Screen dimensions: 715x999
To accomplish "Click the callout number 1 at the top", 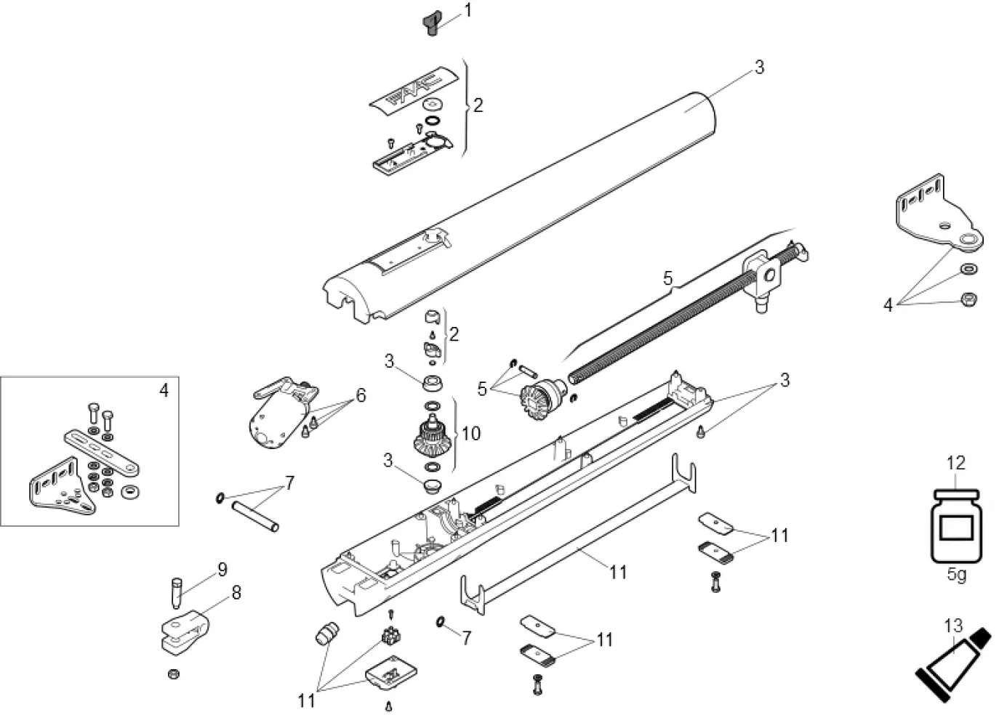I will pos(468,10).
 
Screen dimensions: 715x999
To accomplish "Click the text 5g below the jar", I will pos(957,575).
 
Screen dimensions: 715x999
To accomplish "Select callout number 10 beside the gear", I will pos(470,434).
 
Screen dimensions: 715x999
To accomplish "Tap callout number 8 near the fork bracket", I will pos(236,593).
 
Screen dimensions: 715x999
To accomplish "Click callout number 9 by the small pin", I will pos(222,569).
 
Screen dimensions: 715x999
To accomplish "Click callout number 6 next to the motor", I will pos(360,396).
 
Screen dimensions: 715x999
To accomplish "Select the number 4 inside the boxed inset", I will pos(164,390).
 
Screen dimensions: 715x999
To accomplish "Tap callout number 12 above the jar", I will pos(955,463).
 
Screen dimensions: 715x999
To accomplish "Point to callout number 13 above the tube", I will pos(952,626).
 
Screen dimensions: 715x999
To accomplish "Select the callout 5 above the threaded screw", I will pos(667,278).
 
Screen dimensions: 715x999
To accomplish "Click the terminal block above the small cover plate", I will pos(390,636).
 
